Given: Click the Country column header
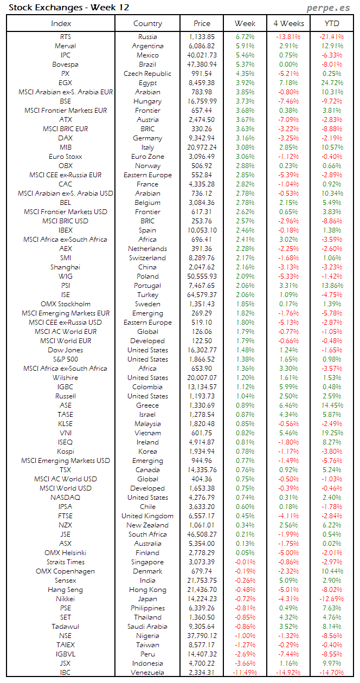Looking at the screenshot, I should click(147, 23).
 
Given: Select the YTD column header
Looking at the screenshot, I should click(332, 23).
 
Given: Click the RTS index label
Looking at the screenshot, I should click(65, 37).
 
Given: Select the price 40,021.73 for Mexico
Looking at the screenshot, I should click(202, 55).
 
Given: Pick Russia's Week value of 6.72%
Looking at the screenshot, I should click(245, 37).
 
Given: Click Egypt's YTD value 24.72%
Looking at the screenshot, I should click(332, 83).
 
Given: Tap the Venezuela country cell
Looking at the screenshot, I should click(147, 673).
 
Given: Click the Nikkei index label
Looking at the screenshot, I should click(65, 599).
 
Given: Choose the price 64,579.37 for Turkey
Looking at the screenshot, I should click(202, 295).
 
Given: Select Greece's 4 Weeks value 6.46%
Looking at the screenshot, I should click(288, 405).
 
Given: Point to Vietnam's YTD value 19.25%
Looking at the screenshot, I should click(332, 433).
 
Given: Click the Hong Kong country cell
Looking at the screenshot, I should click(147, 590).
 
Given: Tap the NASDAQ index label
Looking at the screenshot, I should click(65, 498).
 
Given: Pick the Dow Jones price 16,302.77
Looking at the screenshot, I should click(202, 350).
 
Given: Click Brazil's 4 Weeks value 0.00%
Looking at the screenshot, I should click(288, 65).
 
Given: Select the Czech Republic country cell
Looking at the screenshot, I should click(147, 74).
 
